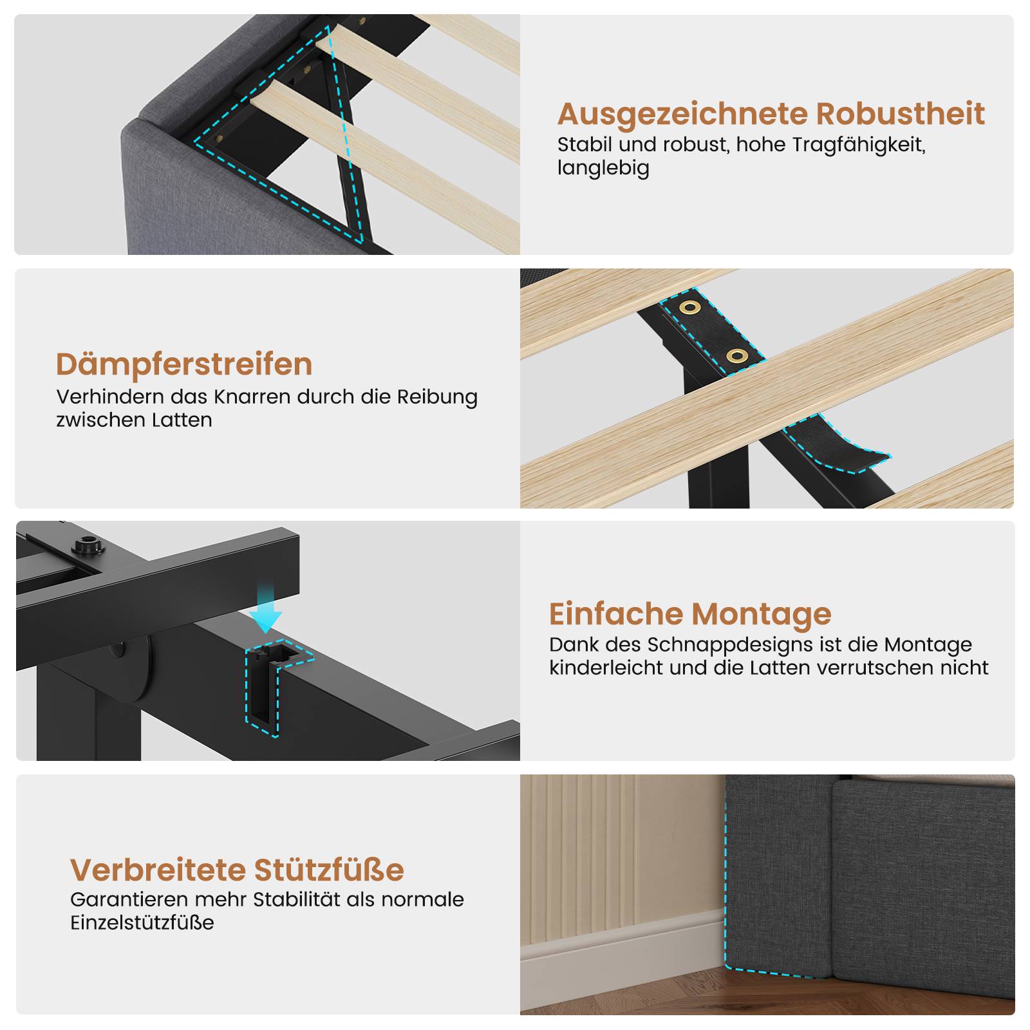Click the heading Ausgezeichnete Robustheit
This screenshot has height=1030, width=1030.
(771, 114)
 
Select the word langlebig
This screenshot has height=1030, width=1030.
(603, 168)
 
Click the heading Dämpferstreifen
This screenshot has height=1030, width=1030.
(184, 365)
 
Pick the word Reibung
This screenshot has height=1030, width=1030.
(437, 397)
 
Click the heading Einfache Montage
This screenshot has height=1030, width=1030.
(690, 614)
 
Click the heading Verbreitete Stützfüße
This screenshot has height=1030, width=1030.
(237, 870)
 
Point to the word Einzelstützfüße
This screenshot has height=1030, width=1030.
(142, 922)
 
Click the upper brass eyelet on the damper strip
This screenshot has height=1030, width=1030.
(689, 307)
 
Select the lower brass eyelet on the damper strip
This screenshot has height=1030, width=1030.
(737, 355)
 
